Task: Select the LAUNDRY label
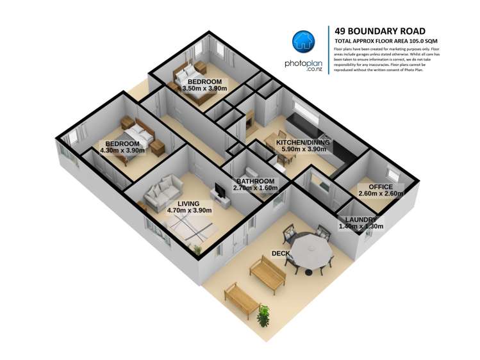click(x=361, y=219)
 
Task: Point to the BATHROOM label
click(x=256, y=181)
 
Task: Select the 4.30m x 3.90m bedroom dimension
click(x=122, y=151)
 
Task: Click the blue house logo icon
click(x=304, y=42)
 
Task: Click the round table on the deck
click(x=309, y=246)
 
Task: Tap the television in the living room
click(x=220, y=190)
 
